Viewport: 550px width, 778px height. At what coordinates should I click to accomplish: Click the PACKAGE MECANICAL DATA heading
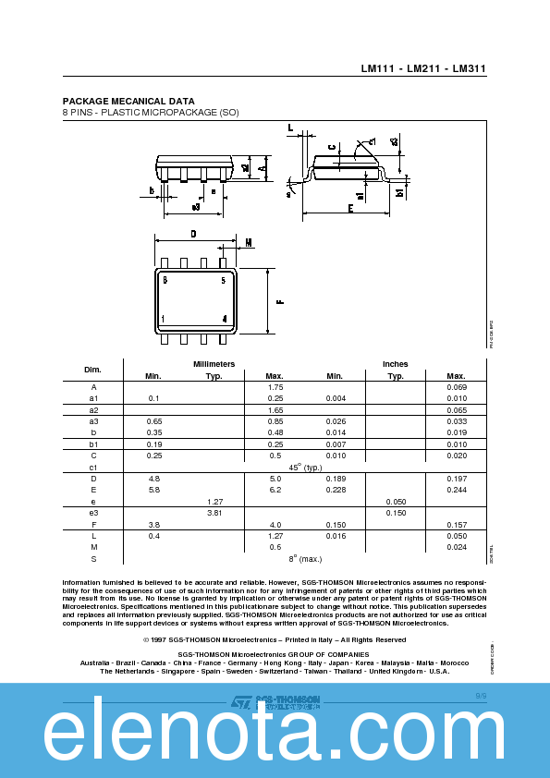coord(128,101)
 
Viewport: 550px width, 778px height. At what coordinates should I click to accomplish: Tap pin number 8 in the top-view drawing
coord(165,279)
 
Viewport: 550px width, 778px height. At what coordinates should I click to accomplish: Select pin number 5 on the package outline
coord(223,279)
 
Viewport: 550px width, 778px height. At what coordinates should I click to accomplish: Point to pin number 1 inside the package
coord(164,319)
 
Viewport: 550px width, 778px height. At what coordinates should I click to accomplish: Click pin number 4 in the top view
coord(224,319)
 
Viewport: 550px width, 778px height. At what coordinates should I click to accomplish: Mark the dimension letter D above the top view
coord(193,235)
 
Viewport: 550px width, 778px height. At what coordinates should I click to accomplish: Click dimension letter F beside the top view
coord(279,300)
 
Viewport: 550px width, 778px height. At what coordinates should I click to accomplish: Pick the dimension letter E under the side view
coord(350,209)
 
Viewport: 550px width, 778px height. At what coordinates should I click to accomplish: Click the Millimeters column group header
coord(214,364)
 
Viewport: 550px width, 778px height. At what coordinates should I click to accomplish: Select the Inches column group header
coord(395,364)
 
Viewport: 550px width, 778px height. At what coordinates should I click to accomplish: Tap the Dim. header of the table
coord(92,370)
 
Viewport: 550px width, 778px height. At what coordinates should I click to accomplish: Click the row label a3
coord(93,421)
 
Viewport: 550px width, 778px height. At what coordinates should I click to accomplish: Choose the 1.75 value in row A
coord(275,387)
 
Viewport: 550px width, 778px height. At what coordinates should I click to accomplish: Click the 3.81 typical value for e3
coord(214,512)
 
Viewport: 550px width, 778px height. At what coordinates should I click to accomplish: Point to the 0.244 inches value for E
coord(456,490)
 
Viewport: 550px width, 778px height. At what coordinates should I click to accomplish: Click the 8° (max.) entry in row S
coord(304,558)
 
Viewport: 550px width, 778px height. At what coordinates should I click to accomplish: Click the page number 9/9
coord(481,694)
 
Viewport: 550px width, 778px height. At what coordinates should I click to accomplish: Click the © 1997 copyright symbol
coord(147,639)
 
